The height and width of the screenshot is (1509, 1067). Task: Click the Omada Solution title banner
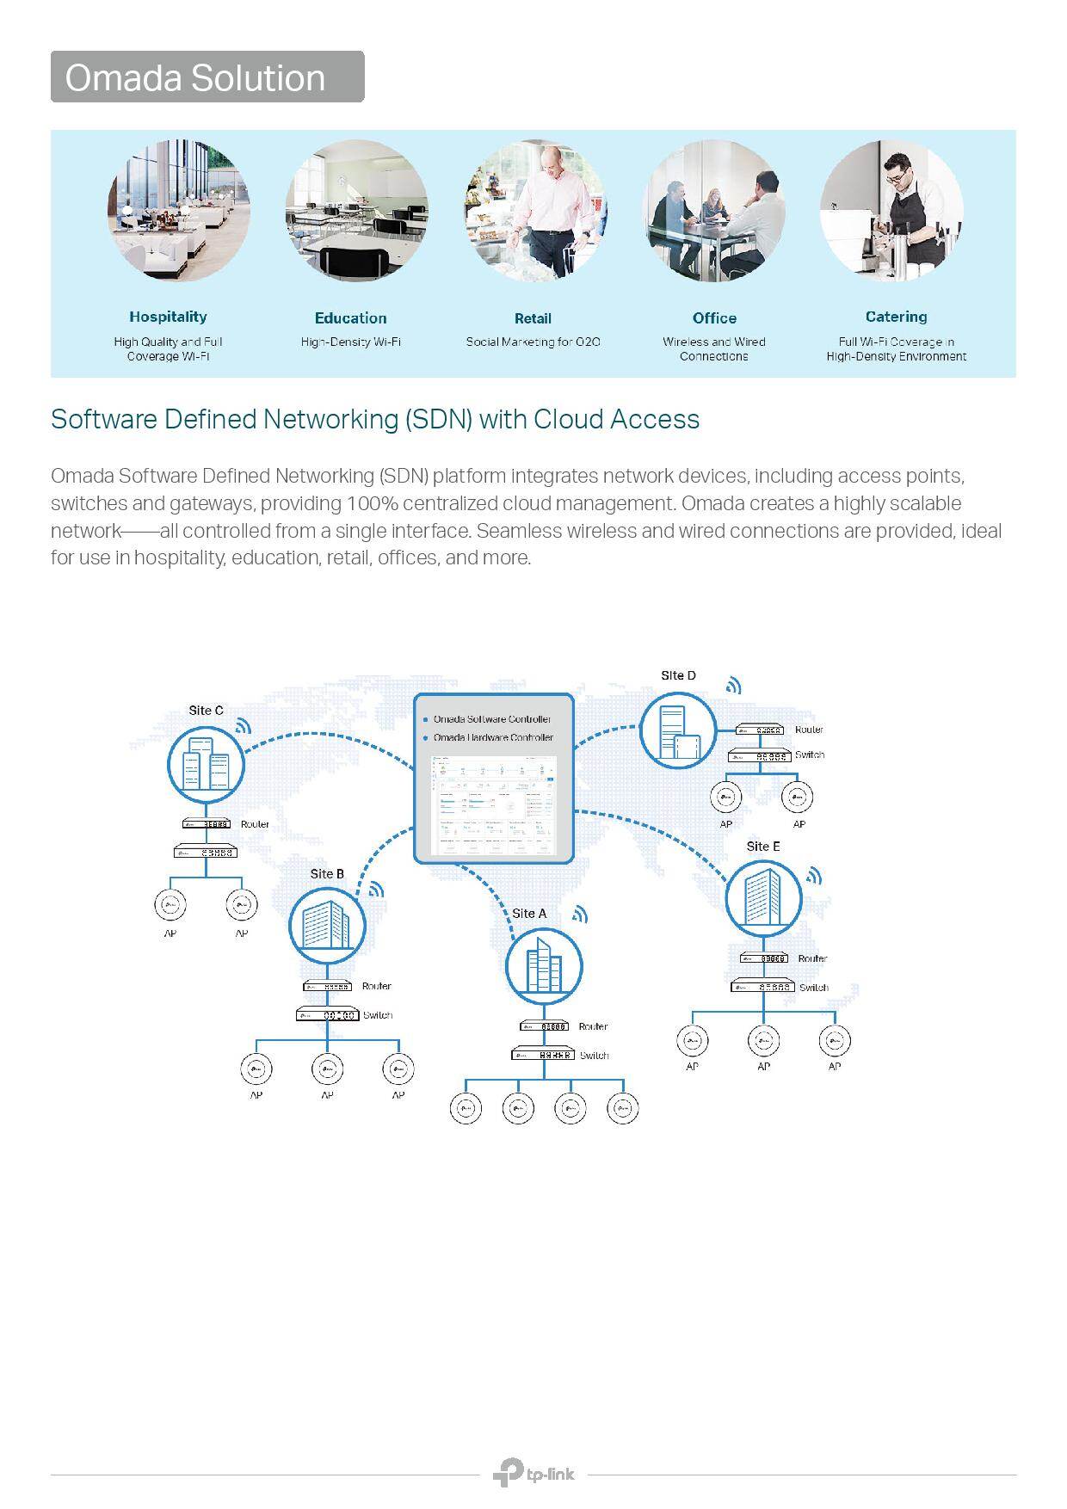(x=207, y=77)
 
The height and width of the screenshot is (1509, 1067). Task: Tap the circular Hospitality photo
(x=179, y=211)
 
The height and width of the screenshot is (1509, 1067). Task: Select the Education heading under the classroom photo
(x=350, y=318)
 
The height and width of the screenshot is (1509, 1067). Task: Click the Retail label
(x=533, y=318)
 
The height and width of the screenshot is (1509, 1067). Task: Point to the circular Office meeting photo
(x=714, y=212)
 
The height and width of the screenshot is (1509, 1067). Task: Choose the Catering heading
(x=896, y=317)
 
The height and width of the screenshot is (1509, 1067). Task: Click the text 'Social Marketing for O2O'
(x=533, y=342)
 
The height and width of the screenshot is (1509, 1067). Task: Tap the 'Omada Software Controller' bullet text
(x=492, y=719)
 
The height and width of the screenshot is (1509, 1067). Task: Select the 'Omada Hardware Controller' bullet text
(x=493, y=738)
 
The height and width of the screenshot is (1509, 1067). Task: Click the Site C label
(x=206, y=711)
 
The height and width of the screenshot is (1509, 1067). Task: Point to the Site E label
(x=763, y=847)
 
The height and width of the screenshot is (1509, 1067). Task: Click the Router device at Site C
(x=206, y=824)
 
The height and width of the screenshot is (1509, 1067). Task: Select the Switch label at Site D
(x=810, y=754)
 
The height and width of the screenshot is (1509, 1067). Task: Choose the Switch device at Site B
(x=327, y=1015)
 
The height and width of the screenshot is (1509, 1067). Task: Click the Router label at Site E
(x=812, y=958)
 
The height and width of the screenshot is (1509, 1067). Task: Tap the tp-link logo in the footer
(x=533, y=1474)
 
